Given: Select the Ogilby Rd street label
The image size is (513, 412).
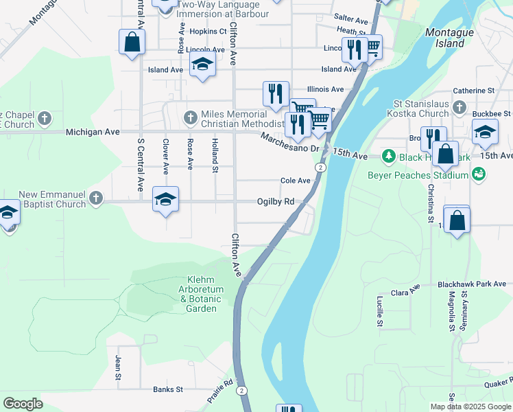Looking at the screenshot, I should tap(275, 202).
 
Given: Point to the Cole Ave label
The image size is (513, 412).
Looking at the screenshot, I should tap(296, 181).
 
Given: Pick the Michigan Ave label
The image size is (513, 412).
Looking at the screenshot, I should tap(93, 131).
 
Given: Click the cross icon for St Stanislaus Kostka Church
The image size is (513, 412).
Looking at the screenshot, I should tap(460, 108).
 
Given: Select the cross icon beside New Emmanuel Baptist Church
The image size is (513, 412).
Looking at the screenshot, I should tap(95, 199).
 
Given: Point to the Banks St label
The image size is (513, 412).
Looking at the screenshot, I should tap(168, 389).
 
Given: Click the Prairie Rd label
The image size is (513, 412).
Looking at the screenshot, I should tap(220, 392).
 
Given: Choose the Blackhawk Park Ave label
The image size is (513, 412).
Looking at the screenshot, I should tap(472, 284).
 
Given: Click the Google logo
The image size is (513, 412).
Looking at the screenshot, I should tap(23, 403).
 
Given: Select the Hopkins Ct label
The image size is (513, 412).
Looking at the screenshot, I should tap(208, 32).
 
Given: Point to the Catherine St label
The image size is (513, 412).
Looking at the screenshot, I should tap(473, 91).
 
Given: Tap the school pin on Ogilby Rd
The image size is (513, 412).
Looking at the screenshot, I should tap(165, 200).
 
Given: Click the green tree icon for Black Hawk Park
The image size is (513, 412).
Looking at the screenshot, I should tap(389, 157).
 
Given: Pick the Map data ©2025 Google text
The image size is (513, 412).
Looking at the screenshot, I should tap(470, 407).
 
